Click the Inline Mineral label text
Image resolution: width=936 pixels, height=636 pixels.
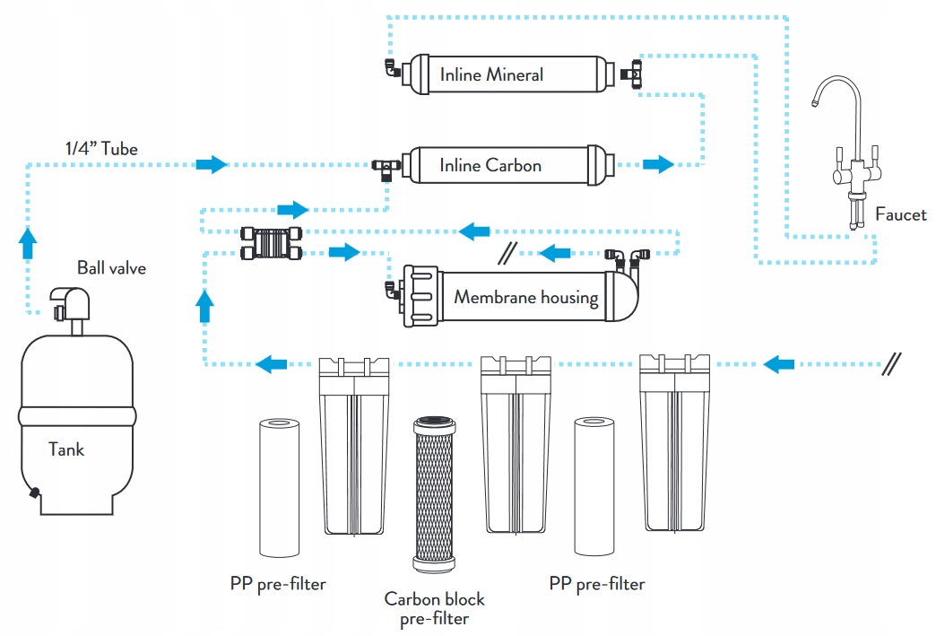[x=491, y=74]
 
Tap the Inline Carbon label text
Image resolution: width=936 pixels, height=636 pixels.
[x=490, y=165]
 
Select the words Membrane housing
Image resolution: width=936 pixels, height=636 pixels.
[x=525, y=297]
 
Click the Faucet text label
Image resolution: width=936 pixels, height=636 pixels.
[x=900, y=214]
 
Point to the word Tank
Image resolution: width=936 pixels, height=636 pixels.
[x=66, y=449]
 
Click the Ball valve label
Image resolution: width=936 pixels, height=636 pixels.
[x=111, y=267]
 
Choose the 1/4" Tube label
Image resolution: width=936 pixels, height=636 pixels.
[x=101, y=149]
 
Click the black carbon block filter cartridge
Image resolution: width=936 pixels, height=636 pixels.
[x=435, y=493]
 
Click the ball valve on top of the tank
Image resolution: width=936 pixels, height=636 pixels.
[x=71, y=306]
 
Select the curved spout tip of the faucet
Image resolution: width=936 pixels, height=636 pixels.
[x=815, y=103]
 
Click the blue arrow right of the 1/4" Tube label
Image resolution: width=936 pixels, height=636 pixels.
[x=212, y=164]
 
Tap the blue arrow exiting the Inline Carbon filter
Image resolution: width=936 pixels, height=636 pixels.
[x=658, y=164]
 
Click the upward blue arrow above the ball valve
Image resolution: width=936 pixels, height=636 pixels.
[x=28, y=241]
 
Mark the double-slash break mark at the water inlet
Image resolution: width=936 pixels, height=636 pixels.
[x=892, y=363]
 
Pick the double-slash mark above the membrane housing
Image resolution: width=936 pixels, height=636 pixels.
[x=507, y=252]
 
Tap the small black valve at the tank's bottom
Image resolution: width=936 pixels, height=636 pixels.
[x=34, y=492]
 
